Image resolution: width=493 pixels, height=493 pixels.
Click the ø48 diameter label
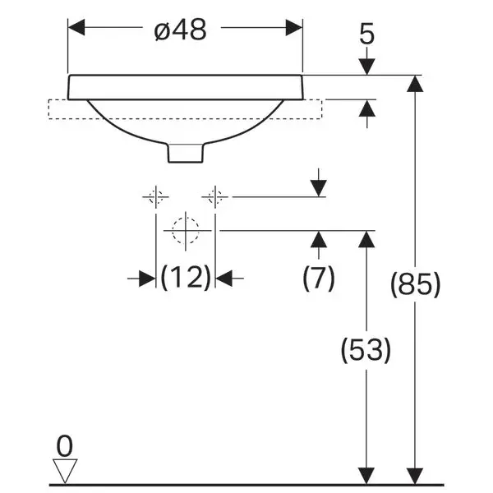pos(181,30)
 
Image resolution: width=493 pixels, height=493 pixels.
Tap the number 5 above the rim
pos(367,34)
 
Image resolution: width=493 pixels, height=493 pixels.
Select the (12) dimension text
pos(186,278)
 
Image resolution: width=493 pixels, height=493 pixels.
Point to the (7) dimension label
pos(319,278)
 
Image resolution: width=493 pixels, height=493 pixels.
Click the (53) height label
pos(366,350)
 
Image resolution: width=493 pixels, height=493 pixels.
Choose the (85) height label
pos(415,284)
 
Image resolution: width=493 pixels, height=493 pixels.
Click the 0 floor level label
pos(64,446)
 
